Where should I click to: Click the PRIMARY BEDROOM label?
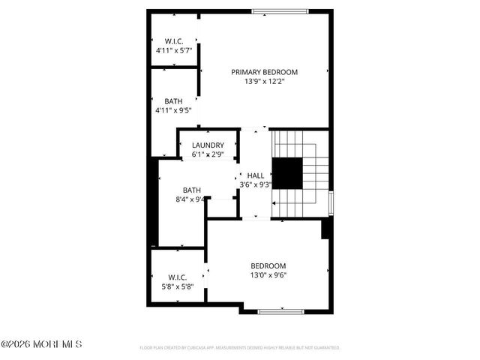[264, 72]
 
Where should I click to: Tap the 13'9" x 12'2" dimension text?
[264, 82]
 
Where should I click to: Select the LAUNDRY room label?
[208, 145]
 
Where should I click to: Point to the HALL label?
[256, 175]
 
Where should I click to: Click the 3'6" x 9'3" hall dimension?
[256, 184]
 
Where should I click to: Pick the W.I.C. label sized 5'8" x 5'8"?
[178, 277]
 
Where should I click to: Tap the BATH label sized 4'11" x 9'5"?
[174, 100]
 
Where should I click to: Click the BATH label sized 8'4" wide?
[192, 190]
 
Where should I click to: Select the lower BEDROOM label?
[268, 265]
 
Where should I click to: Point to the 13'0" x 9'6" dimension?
[268, 274]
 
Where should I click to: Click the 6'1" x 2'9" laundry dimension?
[208, 154]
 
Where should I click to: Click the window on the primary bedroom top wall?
[278, 11]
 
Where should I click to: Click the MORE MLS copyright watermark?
[41, 344]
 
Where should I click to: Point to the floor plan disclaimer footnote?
[240, 348]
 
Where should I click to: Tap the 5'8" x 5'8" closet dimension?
[178, 286]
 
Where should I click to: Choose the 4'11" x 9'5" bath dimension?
[174, 110]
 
